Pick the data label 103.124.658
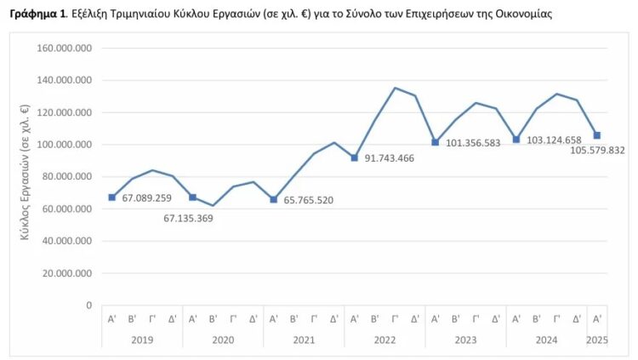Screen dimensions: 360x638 tap(554, 140)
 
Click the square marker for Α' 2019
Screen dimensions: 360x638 tap(111, 197)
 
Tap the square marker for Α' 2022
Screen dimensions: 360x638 tap(355, 157)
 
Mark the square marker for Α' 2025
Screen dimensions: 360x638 tap(597, 135)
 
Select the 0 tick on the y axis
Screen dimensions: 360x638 tap(88, 305)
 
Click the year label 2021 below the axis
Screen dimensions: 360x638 tap(304, 340)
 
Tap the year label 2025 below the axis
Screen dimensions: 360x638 tap(597, 340)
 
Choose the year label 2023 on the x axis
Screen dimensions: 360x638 tap(465, 340)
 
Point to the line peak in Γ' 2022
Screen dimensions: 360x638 tap(395, 88)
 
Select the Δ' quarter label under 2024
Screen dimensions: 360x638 tap(577, 318)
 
